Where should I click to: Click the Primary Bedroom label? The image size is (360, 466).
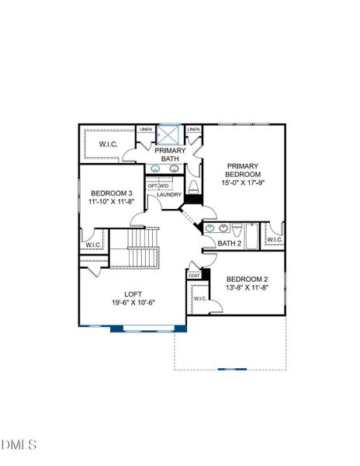click(243, 170)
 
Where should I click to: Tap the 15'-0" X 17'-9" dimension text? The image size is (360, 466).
click(243, 183)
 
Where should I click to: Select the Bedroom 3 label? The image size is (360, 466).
click(112, 193)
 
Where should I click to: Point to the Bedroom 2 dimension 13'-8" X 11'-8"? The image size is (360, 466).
click(247, 287)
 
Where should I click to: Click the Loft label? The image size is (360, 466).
click(133, 294)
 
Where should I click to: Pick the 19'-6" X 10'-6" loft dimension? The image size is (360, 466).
click(133, 303)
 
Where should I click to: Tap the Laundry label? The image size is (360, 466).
click(169, 195)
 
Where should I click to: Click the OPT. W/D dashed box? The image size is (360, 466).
click(159, 183)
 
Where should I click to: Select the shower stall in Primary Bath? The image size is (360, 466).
click(168, 135)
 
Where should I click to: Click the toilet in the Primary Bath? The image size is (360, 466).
click(193, 187)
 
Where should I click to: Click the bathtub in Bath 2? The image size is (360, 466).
click(252, 236)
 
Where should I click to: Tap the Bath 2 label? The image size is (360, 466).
click(230, 243)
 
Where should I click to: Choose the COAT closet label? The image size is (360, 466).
click(194, 276)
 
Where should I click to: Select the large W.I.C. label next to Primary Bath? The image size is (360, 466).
click(109, 144)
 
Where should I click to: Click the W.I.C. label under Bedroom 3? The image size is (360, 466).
click(93, 245)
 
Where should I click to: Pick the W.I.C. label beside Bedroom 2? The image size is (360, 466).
click(200, 298)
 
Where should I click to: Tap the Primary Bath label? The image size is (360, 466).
click(170, 155)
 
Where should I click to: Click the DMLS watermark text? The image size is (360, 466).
click(19, 444)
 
